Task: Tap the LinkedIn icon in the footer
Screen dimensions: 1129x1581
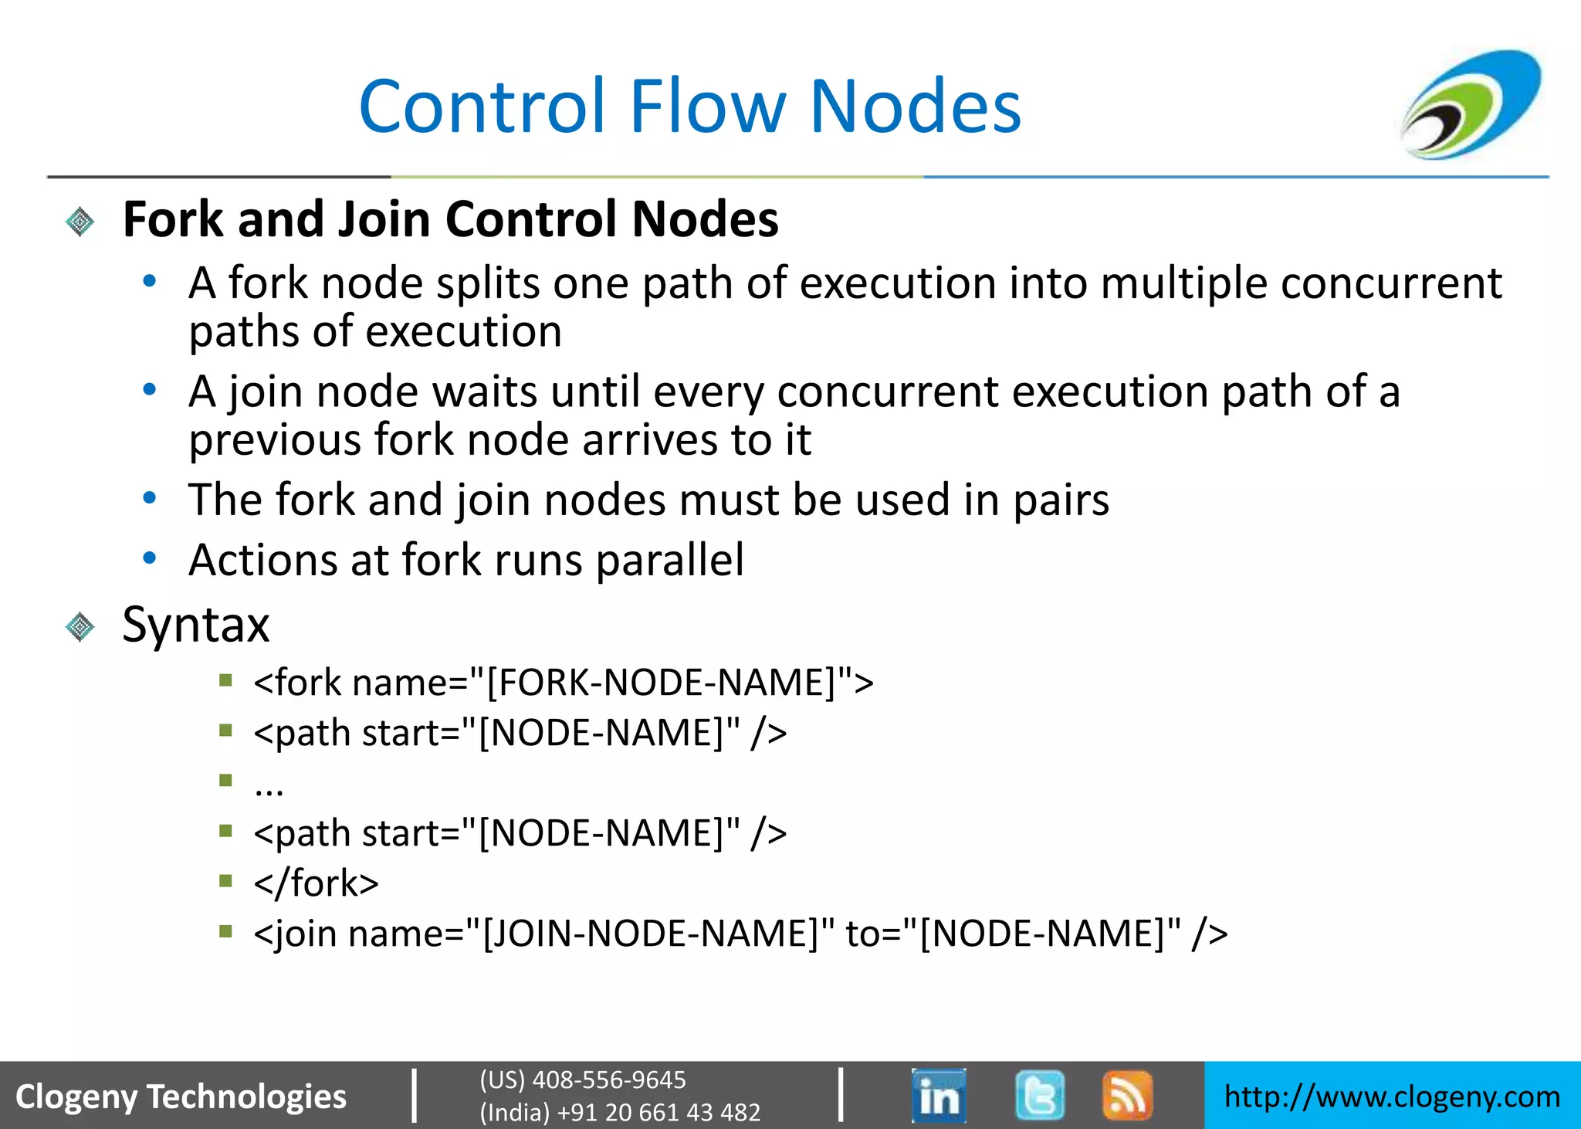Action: click(939, 1095)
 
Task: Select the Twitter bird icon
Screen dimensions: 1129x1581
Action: click(1040, 1095)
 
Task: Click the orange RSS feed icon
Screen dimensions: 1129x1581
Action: click(1127, 1095)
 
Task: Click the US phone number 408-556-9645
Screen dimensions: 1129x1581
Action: click(608, 1080)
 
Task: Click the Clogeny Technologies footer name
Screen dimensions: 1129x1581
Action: click(181, 1097)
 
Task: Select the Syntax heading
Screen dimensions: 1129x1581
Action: click(196, 624)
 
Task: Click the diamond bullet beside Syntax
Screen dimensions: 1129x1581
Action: click(80, 626)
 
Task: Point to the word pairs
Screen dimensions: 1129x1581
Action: click(1061, 500)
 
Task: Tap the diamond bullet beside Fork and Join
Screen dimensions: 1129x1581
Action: click(80, 222)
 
